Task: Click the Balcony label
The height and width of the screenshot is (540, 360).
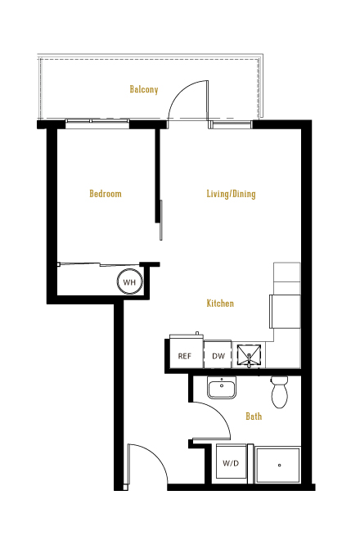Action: click(x=144, y=89)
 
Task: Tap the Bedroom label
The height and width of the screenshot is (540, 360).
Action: click(x=106, y=194)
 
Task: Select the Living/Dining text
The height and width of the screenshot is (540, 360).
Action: click(x=232, y=194)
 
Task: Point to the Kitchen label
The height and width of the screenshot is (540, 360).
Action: click(x=220, y=304)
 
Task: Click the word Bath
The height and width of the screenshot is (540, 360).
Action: click(x=254, y=416)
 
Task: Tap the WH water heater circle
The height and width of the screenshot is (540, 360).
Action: click(x=129, y=281)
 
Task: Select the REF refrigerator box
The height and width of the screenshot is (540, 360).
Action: click(x=185, y=353)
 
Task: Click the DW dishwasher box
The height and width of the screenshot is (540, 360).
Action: click(x=218, y=355)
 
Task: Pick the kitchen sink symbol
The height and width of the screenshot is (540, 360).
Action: click(x=249, y=355)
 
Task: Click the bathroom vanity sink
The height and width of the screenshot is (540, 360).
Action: click(x=222, y=388)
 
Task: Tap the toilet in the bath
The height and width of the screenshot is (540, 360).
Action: click(x=279, y=392)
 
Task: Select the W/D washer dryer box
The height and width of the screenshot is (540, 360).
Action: click(x=232, y=463)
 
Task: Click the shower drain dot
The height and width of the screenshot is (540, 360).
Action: click(x=279, y=466)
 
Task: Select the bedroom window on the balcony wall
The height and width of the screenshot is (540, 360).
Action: click(x=97, y=122)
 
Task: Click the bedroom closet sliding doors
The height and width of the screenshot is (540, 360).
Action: click(x=100, y=264)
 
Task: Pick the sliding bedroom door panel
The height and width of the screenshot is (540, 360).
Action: click(x=161, y=220)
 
